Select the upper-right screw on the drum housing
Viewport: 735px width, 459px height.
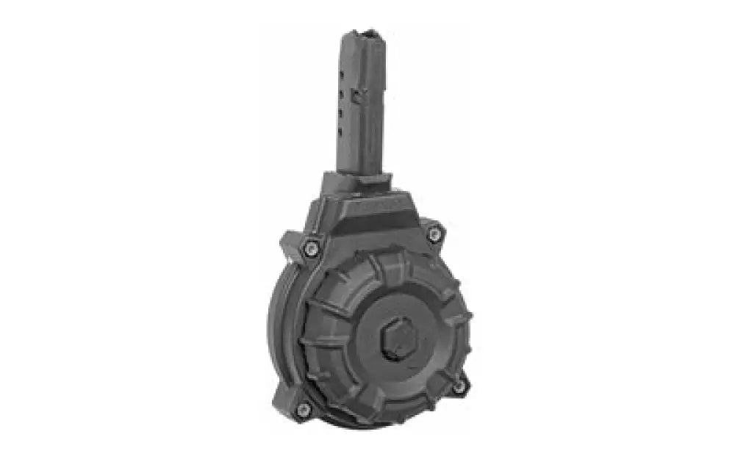click(x=434, y=234)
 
